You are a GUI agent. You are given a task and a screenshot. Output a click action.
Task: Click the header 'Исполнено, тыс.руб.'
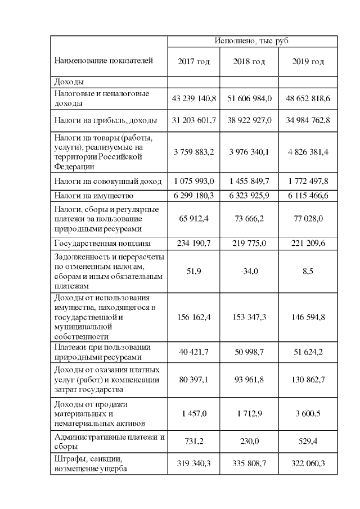pos(253,41)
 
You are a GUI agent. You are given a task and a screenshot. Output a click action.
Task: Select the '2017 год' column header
pos(193,61)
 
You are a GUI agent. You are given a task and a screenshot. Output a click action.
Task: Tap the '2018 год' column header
pos(249,61)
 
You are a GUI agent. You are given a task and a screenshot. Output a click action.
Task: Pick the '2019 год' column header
pos(308,61)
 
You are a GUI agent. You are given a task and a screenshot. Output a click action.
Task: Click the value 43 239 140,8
pos(193,98)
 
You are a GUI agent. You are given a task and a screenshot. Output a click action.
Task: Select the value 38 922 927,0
pos(249,120)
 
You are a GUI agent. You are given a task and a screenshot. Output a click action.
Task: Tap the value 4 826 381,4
pos(308,152)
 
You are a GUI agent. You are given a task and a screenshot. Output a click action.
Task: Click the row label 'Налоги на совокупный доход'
pos(108,181)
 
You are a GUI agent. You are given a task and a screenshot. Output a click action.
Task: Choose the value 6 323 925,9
pos(249,196)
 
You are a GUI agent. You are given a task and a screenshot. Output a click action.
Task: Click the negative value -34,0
pos(249,271)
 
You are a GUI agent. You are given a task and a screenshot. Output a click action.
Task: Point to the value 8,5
pos(308,271)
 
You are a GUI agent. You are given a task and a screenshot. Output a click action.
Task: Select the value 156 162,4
pos(193,317)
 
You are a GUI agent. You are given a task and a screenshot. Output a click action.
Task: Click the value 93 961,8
pos(249,380)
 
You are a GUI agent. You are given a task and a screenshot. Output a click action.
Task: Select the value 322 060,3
pos(308,464)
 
